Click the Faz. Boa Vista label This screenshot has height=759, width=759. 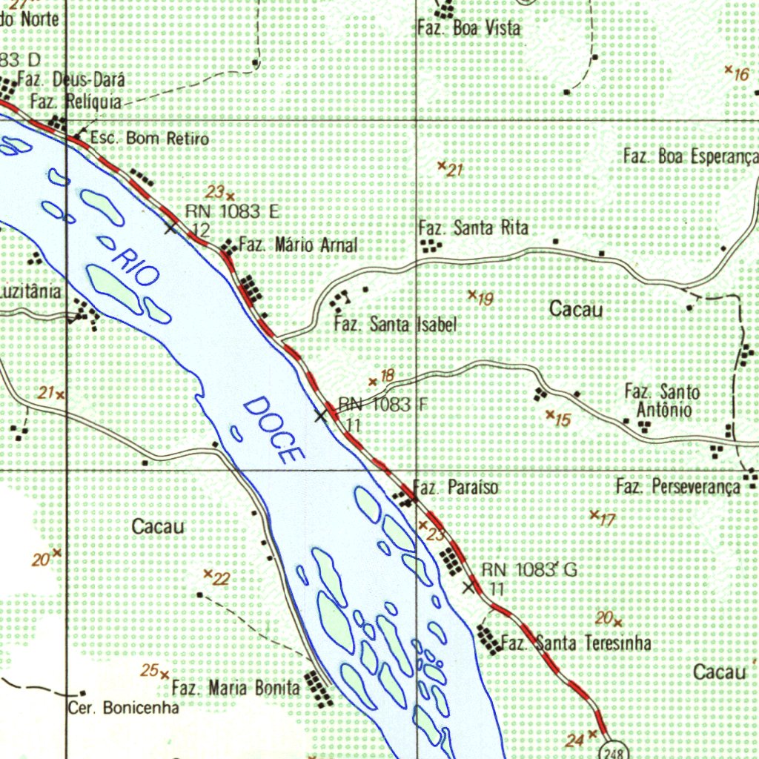click(x=469, y=29)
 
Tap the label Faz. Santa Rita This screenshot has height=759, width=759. click(x=474, y=228)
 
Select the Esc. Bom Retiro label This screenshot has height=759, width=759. click(x=149, y=139)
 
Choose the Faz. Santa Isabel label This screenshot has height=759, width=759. click(x=395, y=325)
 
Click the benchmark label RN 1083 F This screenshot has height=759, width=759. click(x=382, y=405)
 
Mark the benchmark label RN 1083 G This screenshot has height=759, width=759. click(x=528, y=570)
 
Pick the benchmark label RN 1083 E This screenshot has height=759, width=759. click(x=232, y=212)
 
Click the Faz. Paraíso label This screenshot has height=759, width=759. click(x=455, y=488)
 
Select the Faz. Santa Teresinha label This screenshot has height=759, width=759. click(x=576, y=643)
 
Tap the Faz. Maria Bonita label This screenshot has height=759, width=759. click(x=236, y=688)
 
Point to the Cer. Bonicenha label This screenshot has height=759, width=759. click(x=124, y=708)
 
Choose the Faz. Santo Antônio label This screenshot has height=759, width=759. click(x=662, y=400)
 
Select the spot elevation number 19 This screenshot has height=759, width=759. click(x=485, y=299)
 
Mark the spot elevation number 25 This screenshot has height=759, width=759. click(x=150, y=671)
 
